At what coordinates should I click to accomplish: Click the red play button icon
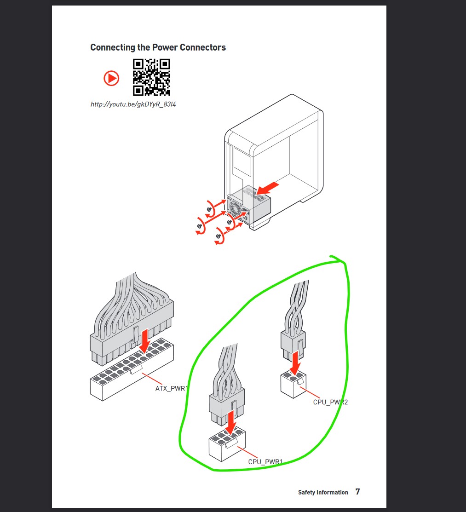point(111,78)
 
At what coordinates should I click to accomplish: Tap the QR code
point(151,77)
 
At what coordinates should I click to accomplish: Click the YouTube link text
point(133,104)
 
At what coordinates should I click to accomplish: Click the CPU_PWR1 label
point(265,462)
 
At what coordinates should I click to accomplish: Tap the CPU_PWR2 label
point(330,402)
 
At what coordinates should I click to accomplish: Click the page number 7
point(357,492)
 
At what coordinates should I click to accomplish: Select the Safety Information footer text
point(323,492)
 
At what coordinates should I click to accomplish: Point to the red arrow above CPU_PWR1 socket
point(231,423)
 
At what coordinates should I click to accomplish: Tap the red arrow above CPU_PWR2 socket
point(295,363)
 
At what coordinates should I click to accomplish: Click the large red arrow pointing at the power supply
point(267,189)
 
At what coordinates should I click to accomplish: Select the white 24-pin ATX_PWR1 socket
point(132,369)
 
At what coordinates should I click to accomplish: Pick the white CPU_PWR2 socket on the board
point(293,384)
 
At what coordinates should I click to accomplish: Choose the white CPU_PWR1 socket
point(227,443)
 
